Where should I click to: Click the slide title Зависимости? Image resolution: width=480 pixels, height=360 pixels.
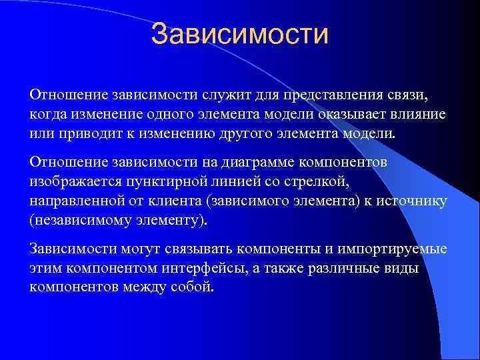[240, 35]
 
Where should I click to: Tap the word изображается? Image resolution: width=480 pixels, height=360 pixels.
[72, 181]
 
